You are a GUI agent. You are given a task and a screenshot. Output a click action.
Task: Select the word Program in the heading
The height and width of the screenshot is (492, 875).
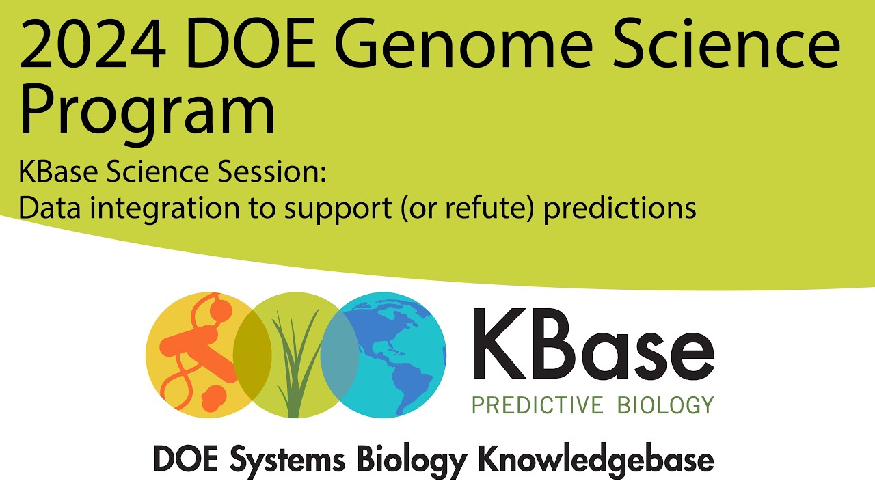tap(147, 113)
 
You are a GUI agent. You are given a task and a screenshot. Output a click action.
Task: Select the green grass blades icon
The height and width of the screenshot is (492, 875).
tap(294, 362)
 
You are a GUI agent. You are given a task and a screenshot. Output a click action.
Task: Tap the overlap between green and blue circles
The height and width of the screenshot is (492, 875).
tap(340, 355)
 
